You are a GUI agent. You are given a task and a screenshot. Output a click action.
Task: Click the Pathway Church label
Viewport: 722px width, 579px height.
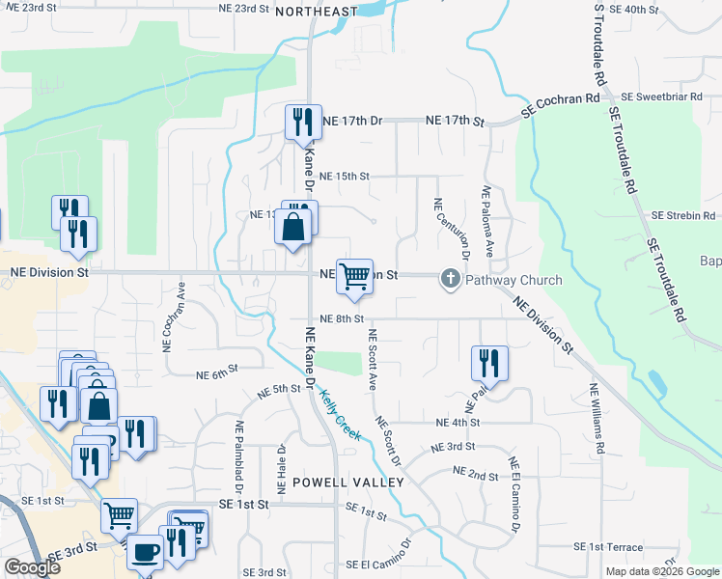click(502, 281)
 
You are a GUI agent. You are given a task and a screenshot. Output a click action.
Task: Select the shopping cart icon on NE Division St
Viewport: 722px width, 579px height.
click(355, 276)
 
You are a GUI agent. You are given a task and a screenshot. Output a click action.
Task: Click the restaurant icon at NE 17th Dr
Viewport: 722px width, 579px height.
click(303, 122)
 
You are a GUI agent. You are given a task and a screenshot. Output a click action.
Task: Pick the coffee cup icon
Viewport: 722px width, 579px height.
click(145, 552)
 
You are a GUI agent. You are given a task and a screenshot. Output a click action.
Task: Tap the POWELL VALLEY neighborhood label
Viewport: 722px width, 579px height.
click(334, 481)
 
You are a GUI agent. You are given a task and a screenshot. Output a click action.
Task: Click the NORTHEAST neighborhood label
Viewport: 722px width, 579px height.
click(316, 12)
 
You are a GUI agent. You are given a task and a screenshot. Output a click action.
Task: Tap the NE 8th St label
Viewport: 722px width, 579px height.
click(341, 318)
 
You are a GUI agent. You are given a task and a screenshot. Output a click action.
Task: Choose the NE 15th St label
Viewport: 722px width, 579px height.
click(345, 177)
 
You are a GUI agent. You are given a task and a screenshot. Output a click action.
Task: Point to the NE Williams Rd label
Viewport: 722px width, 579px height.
click(597, 421)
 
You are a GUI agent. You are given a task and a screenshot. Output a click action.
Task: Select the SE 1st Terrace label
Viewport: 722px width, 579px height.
click(608, 547)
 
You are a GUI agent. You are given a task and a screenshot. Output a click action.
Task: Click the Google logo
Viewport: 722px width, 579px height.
click(32, 567)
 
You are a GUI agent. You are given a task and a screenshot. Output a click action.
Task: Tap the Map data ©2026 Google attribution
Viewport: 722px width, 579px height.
click(661, 571)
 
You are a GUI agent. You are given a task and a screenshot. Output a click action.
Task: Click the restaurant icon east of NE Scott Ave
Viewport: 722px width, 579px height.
click(488, 363)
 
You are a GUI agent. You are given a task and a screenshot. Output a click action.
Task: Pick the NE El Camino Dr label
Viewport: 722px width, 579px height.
click(514, 493)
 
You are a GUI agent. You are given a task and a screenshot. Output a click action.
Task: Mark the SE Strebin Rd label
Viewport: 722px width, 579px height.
click(683, 215)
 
